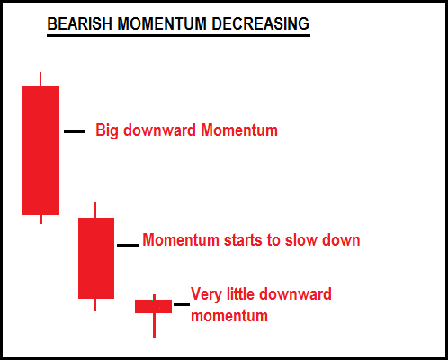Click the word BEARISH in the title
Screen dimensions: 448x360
pyautogui.click(x=79, y=23)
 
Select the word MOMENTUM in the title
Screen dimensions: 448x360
pyautogui.click(x=162, y=23)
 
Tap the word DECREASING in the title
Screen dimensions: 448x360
pyautogui.click(x=260, y=23)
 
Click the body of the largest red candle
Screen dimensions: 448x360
pyautogui.click(x=40, y=150)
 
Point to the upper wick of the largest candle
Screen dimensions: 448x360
pyautogui.click(x=40, y=79)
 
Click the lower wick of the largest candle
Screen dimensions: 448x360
pyautogui.click(x=40, y=220)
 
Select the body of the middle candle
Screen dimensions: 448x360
pyautogui.click(x=96, y=258)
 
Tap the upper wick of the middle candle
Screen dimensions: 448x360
pyautogui.click(x=95, y=211)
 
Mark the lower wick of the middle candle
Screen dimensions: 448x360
pyautogui.click(x=95, y=304)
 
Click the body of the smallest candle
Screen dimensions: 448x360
pyautogui.click(x=153, y=306)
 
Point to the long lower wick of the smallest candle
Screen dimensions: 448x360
pyautogui.click(x=154, y=326)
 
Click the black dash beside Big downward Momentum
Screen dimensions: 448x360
pyautogui.click(x=75, y=131)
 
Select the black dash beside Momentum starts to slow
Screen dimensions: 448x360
pyautogui.click(x=128, y=245)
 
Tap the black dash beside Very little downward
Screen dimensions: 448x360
pyautogui.click(x=182, y=304)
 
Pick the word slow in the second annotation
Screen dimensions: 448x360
pyautogui.click(x=301, y=239)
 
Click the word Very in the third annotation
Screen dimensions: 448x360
pyautogui.click(x=207, y=294)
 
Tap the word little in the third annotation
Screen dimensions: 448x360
pyautogui.click(x=241, y=293)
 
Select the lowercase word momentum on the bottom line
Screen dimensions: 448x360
pyautogui.click(x=229, y=316)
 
